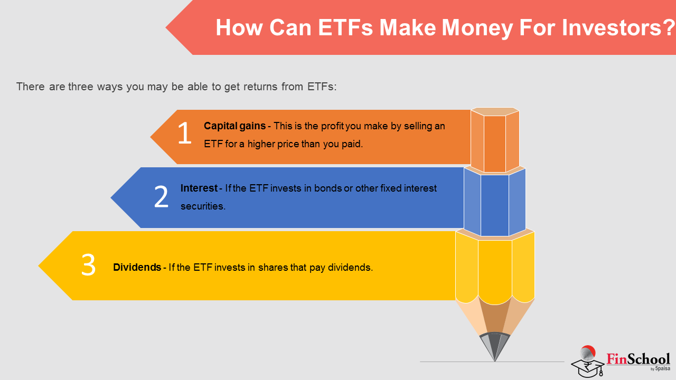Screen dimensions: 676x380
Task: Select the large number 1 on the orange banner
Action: coord(185,133)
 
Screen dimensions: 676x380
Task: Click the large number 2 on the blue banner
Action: coord(161,196)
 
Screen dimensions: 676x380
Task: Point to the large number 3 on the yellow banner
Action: coord(88,265)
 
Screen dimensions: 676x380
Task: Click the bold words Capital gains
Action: coord(235,126)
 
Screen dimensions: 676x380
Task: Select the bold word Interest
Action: coord(199,188)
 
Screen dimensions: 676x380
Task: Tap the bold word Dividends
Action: coord(137,267)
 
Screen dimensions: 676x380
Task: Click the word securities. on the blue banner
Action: coord(203,206)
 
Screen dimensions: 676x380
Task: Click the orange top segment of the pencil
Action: coord(495,140)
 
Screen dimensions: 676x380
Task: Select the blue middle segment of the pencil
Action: coord(495,202)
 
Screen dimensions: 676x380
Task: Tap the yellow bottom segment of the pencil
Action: coord(495,269)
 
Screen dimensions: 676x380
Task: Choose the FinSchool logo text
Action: coord(639,359)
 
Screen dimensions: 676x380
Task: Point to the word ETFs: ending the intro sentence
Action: coord(322,87)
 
